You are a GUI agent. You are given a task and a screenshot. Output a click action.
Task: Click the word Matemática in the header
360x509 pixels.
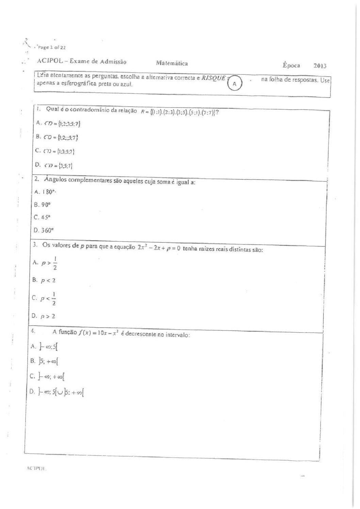[172, 63]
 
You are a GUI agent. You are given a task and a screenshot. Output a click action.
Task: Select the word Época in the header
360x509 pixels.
[291, 65]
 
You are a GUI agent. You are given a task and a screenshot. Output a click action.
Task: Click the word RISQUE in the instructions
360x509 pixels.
[213, 78]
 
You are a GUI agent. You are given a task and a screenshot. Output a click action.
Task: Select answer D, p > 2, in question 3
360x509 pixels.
[44, 316]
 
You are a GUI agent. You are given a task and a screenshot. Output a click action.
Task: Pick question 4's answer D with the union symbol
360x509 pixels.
[57, 392]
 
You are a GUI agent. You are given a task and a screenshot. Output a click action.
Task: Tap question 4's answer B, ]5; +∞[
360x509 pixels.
[45, 361]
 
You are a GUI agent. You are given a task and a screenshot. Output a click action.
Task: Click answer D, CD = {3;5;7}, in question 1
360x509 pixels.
[54, 166]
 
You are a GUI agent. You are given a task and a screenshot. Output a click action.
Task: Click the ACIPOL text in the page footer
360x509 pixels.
[36, 468]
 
